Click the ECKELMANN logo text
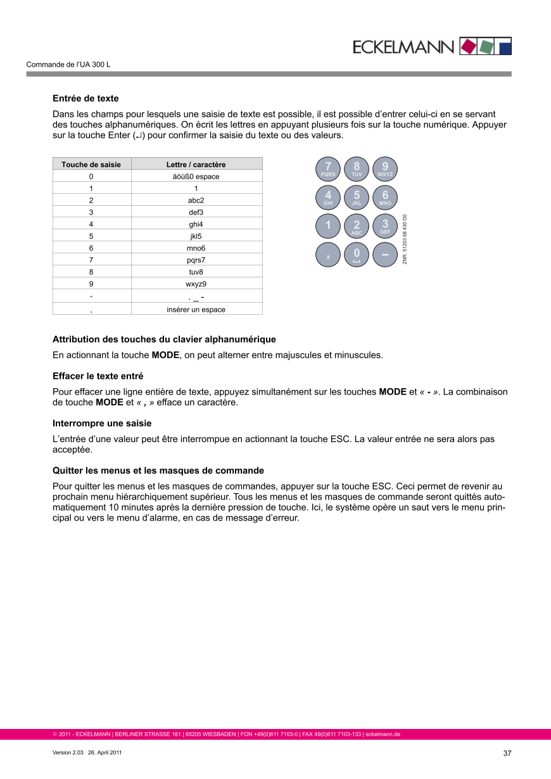tap(403, 47)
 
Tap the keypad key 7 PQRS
tap(328, 168)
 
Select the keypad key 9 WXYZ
tap(385, 168)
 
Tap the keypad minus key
tap(385, 255)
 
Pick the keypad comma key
tap(328, 255)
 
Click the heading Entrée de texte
tap(85, 99)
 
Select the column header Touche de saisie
tap(91, 165)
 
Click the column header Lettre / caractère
tap(196, 165)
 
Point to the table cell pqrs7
tap(196, 260)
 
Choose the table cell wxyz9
tap(196, 284)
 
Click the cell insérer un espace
tap(196, 310)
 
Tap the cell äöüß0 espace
tap(196, 177)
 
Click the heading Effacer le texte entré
tap(98, 376)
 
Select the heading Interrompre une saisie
tap(102, 423)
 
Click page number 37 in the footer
tap(507, 754)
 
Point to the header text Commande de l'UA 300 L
tap(68, 65)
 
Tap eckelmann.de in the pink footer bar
tap(383, 735)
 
